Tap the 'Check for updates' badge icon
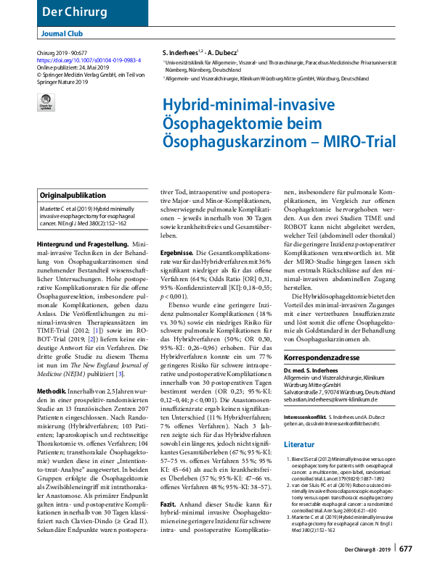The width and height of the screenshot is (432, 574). pos(46,104)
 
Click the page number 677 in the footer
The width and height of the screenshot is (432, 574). pos(405,549)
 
